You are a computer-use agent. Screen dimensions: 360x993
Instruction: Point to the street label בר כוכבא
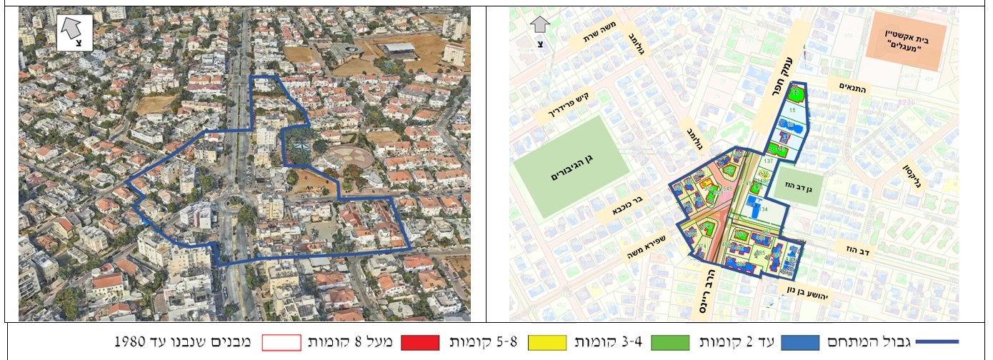628,208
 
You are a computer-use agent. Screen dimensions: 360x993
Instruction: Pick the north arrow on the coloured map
540,30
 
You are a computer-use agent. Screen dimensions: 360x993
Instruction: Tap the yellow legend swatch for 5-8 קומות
552,342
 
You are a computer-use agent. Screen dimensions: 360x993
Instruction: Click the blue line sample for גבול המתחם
937,342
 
